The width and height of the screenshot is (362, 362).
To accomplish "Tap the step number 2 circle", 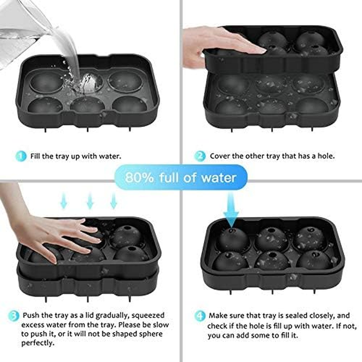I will coord(200,156).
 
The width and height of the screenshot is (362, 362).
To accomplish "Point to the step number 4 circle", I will coord(200,315).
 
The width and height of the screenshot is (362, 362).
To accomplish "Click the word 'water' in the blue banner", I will coord(217,177).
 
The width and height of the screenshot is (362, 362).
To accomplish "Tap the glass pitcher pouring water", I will coord(23,27).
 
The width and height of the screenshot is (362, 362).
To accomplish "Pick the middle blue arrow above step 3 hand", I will coord(90,200).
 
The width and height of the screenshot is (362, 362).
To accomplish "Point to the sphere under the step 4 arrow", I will coord(231,240).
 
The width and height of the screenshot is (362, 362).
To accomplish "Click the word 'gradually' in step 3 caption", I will coord(110,315).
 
